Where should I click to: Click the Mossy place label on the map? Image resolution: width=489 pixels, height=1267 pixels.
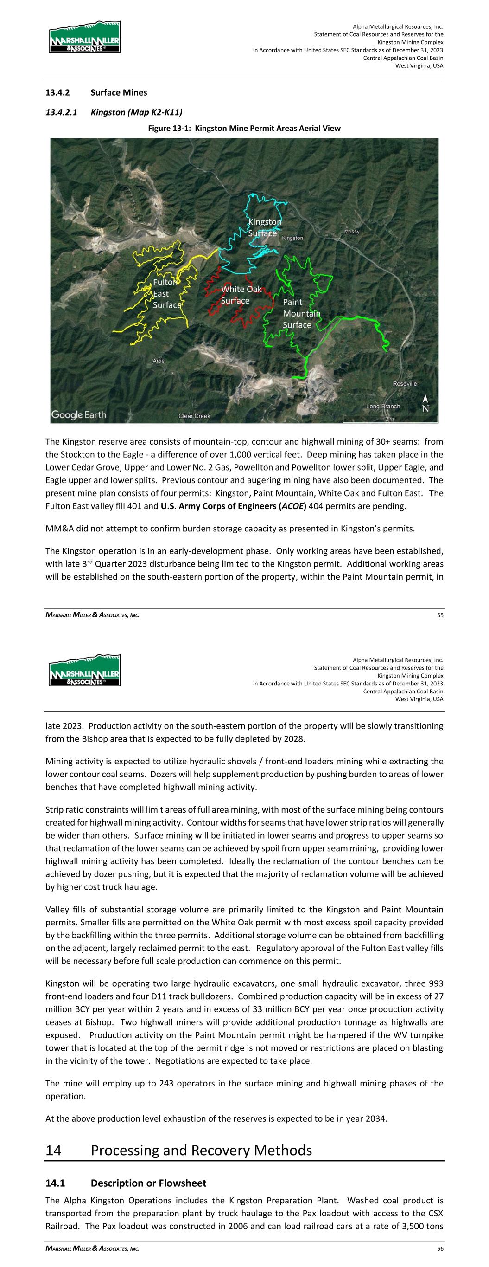coord(351,231)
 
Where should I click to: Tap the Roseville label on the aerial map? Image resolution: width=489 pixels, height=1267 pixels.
coord(405,383)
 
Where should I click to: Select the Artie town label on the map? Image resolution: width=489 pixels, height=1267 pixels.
coord(159,361)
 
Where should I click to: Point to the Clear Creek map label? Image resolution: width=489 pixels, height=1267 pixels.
coord(194,416)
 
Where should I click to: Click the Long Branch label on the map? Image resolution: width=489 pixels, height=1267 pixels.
coord(383,406)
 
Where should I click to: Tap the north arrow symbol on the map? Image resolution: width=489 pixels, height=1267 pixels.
coord(425,404)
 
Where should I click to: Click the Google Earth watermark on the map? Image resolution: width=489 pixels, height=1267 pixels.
coord(79,414)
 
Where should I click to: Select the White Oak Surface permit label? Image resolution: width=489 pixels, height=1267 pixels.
coord(241,295)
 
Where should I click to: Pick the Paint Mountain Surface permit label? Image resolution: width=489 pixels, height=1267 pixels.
coord(301,313)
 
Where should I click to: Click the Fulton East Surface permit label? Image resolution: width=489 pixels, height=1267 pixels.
coord(166,294)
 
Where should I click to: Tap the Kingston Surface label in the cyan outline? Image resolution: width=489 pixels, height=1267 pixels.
coord(264,228)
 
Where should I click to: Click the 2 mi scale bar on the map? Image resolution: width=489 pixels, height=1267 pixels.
coord(389,419)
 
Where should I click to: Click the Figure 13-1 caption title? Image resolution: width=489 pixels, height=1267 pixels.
coord(244,128)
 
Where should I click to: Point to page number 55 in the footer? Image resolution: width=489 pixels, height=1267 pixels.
coord(440,614)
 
